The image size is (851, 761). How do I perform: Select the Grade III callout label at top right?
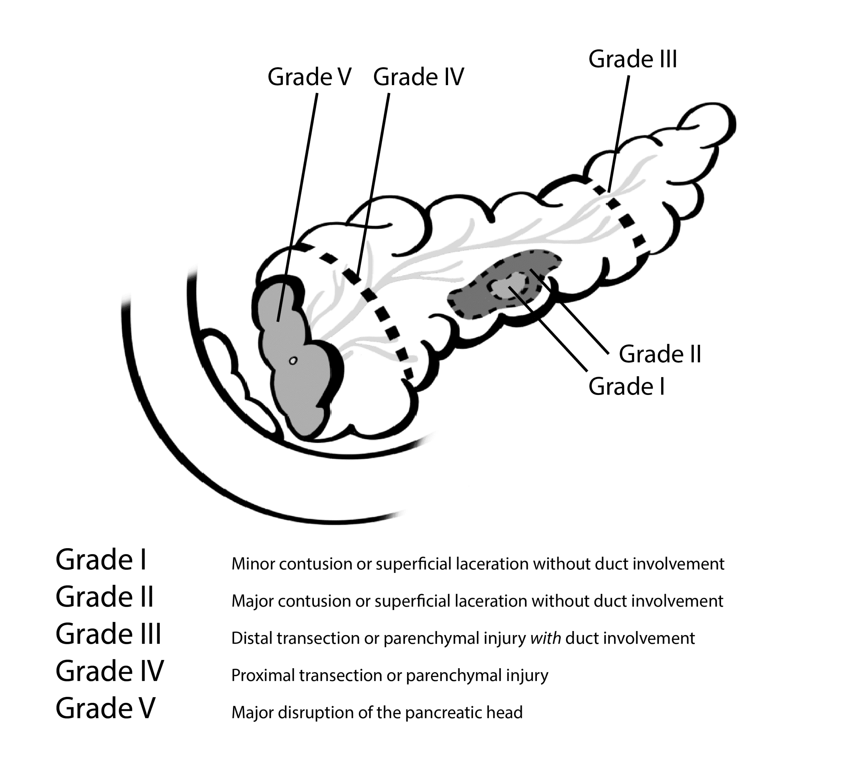pos(632,60)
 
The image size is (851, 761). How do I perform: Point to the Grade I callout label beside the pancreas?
pos(626,386)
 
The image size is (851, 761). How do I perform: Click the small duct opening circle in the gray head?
pos(293,360)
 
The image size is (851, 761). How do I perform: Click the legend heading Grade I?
pos(101,560)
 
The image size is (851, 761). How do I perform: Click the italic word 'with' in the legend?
pos(546,638)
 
